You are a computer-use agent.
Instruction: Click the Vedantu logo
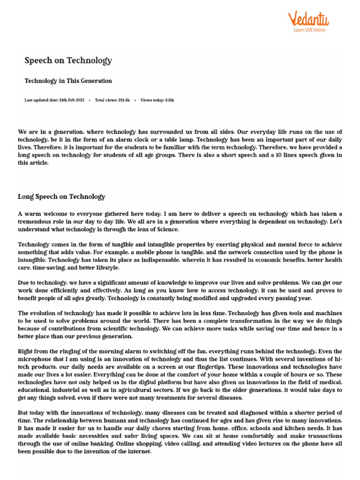307,19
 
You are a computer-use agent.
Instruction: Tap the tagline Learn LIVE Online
309,30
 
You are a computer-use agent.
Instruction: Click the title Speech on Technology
68,60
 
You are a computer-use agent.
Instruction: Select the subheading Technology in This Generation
68,81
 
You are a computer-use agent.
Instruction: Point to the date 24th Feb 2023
72,100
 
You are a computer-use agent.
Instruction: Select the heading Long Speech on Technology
61,197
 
